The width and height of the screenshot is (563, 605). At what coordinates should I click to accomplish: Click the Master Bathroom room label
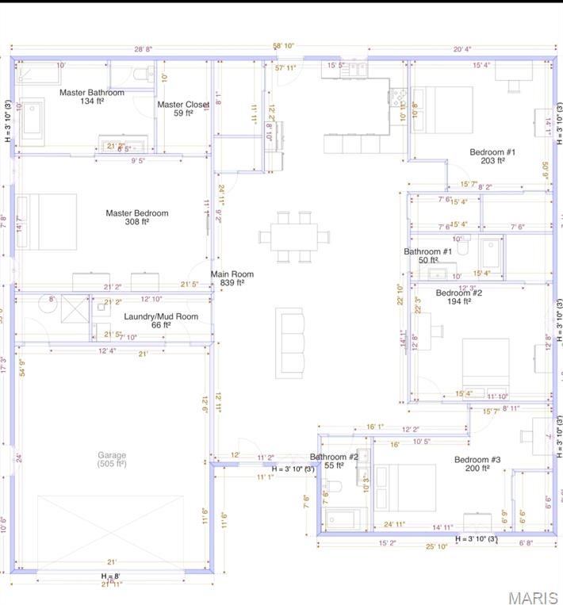pyautogui.click(x=92, y=93)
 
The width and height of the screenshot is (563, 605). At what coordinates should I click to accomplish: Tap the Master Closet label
pyautogui.click(x=183, y=105)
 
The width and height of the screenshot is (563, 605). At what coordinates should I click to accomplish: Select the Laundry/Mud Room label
pyautogui.click(x=161, y=316)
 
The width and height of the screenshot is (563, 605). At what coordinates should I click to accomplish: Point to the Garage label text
pyautogui.click(x=112, y=455)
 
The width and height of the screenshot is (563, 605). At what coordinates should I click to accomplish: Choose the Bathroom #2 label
pyautogui.click(x=334, y=457)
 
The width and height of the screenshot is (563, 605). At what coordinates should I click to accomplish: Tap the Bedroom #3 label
pyautogui.click(x=477, y=460)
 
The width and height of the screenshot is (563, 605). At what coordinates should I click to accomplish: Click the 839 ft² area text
pyautogui.click(x=232, y=282)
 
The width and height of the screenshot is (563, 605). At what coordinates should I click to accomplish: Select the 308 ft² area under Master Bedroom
pyautogui.click(x=137, y=222)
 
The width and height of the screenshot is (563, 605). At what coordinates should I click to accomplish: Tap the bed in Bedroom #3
pyautogui.click(x=406, y=487)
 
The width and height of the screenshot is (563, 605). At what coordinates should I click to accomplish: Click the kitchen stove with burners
pyautogui.click(x=396, y=98)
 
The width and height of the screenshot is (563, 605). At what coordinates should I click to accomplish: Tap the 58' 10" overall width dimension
pyautogui.click(x=284, y=46)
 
